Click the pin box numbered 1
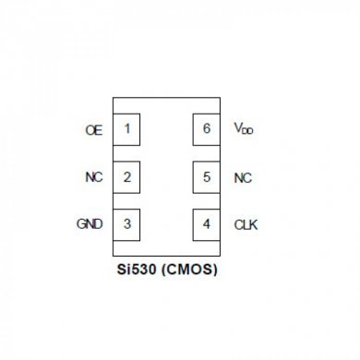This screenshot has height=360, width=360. (126, 129)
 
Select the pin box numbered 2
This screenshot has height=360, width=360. (126, 176)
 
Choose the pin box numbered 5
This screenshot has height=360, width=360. (206, 176)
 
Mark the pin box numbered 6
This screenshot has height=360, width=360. (206, 129)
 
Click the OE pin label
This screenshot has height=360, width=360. (93, 130)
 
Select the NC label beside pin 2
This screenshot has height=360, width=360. (93, 177)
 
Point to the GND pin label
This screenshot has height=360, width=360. (90, 224)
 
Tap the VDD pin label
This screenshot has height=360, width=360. (244, 130)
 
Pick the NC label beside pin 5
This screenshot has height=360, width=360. (243, 177)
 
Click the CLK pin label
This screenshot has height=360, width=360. (246, 224)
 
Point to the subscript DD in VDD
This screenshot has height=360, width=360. (248, 133)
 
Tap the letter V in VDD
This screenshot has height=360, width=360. (238, 129)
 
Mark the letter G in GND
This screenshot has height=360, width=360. (80, 224)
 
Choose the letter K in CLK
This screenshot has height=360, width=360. (254, 224)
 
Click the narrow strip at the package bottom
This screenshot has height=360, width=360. (166, 249)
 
